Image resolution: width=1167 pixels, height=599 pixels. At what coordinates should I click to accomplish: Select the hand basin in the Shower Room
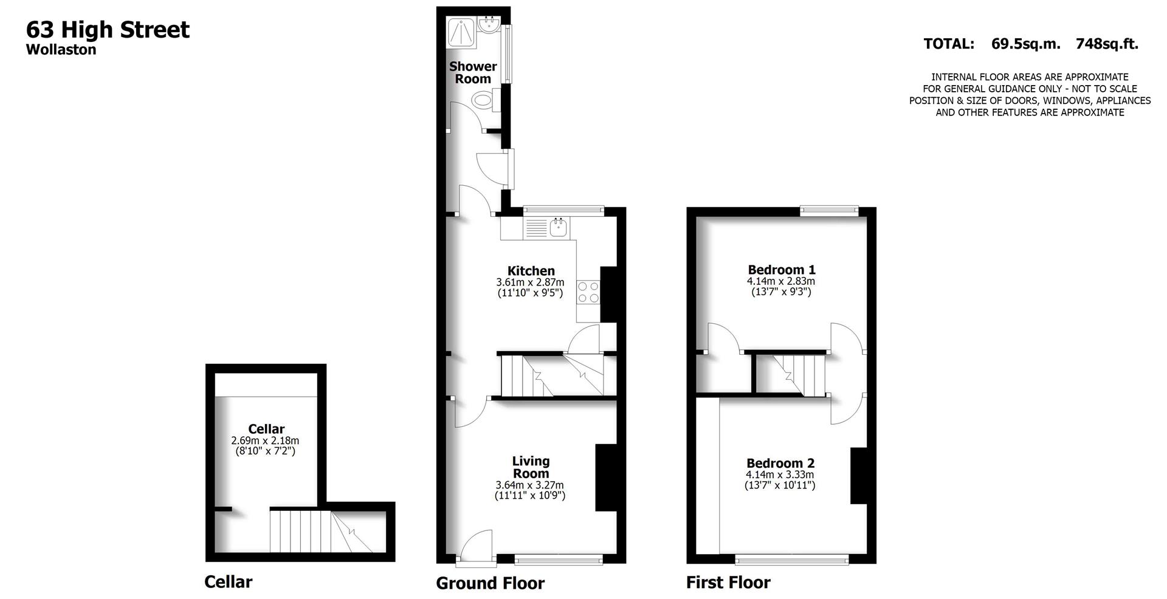[x=489, y=26]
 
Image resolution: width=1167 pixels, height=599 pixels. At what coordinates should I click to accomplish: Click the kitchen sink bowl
[x=558, y=228]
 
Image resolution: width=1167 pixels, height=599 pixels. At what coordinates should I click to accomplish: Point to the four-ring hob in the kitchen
[x=588, y=292]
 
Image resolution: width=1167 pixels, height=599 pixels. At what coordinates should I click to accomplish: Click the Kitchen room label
[x=531, y=271]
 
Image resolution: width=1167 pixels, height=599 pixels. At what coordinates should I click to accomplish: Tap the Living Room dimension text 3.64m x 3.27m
[x=530, y=485]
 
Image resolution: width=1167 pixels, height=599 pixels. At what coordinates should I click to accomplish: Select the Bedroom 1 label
[x=781, y=270]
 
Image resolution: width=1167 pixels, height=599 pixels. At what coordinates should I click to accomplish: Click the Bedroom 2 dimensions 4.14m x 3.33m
[x=780, y=474]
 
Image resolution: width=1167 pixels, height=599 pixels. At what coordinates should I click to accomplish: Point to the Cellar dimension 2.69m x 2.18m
[x=265, y=440]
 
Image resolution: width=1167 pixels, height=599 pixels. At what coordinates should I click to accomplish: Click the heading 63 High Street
[x=108, y=29]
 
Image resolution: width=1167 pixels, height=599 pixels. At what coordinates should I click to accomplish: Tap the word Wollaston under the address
[x=61, y=50]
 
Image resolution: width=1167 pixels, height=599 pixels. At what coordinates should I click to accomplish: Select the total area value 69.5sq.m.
[x=1025, y=44]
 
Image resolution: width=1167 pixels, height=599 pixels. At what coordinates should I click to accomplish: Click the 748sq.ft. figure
[x=1107, y=44]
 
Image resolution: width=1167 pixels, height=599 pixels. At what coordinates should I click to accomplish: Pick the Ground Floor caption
[x=490, y=583]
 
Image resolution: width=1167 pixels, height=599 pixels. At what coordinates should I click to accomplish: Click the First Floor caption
[x=728, y=583]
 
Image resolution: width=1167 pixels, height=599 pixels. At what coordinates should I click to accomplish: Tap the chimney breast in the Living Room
[x=605, y=477]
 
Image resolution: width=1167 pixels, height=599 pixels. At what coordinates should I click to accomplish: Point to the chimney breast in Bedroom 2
[x=858, y=476]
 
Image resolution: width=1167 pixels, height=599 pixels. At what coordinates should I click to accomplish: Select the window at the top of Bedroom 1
[x=829, y=211]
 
